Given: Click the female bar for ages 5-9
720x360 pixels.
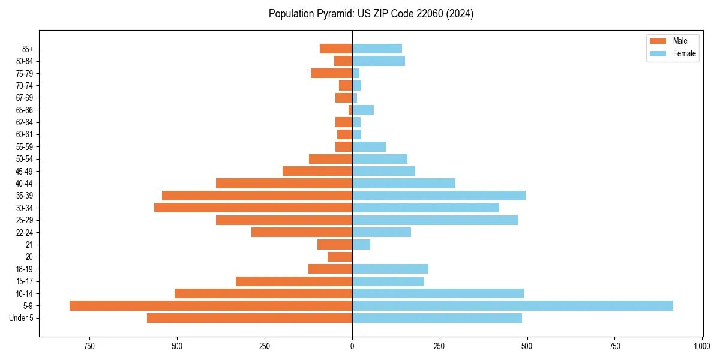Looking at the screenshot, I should click(512, 305).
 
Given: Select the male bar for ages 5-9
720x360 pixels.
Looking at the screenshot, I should click(211, 305).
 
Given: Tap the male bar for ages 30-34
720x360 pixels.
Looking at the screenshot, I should click(253, 208).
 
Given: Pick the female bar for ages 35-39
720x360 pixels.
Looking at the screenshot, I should click(439, 196).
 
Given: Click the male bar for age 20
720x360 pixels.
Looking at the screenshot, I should click(340, 257).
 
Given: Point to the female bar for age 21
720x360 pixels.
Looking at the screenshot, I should click(361, 244).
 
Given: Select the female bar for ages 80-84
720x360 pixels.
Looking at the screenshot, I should click(379, 61).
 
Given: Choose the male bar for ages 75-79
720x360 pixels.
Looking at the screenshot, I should click(331, 73).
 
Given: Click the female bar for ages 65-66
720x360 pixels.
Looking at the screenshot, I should click(363, 110).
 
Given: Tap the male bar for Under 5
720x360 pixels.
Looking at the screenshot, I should click(250, 318).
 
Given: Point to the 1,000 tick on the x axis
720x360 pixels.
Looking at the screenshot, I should click(702, 346).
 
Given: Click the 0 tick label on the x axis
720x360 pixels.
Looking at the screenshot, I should click(352, 346).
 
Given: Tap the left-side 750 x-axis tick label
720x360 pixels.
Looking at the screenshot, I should click(89, 346).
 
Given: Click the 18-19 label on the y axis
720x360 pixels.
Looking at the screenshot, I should click(25, 269).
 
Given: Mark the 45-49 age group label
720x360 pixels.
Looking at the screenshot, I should click(25, 171).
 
